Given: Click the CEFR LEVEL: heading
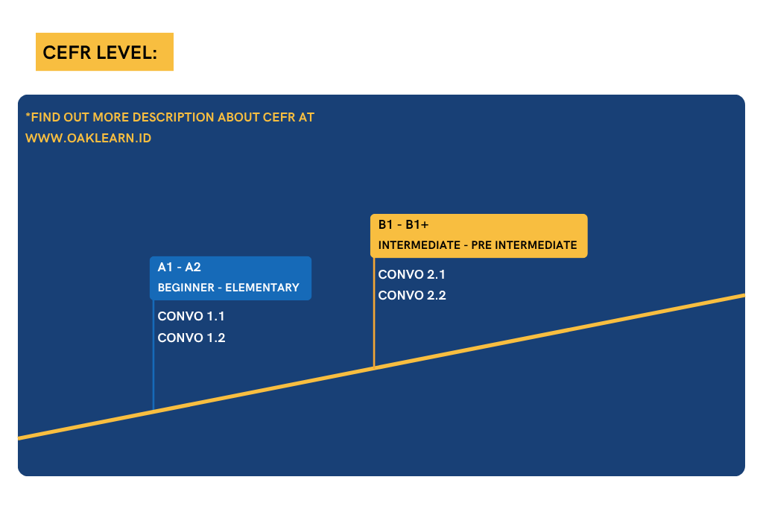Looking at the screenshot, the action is (101, 53).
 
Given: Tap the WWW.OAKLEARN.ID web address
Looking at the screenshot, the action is (88, 138).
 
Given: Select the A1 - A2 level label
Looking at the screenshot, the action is (179, 267).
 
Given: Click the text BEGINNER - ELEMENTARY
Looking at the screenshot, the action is (228, 288).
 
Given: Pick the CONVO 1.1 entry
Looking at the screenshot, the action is (191, 316).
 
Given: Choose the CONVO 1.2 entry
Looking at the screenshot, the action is (191, 338).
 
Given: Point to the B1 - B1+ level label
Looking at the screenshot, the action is (403, 225).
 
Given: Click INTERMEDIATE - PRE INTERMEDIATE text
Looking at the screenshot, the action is (478, 245).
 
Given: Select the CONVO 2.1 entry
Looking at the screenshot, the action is (411, 274).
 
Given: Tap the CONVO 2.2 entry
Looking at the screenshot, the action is (412, 295).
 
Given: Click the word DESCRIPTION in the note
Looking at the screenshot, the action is (173, 117).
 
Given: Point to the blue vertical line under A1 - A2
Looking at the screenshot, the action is (153, 355).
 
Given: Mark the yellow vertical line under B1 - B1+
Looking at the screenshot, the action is (374, 312).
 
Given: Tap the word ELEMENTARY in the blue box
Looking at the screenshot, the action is (262, 288).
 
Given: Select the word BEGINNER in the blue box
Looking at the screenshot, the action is (186, 288).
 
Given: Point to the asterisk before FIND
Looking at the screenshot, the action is (28, 116).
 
